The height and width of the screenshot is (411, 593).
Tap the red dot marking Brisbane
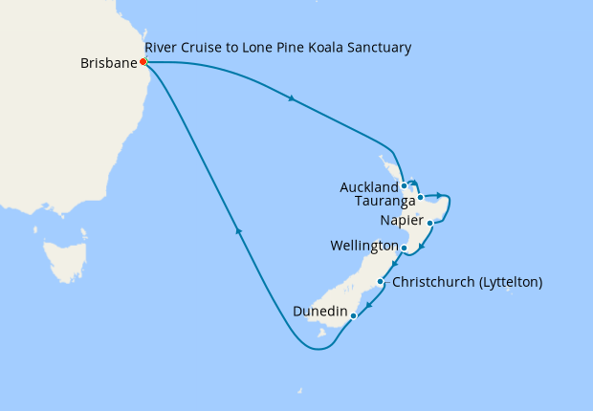[143, 61]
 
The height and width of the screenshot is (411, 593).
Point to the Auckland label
[368, 187]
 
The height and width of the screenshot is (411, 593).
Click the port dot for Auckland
[405, 185]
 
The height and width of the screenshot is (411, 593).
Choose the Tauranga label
[384, 202]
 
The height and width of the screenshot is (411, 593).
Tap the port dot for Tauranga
[421, 197]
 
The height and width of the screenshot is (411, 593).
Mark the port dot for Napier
[431, 224]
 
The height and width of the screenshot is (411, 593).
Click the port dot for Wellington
[405, 248]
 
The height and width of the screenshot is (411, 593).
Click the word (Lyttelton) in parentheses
[509, 282]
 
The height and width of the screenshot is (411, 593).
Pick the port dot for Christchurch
[381, 282]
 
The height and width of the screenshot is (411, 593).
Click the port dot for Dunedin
[354, 314]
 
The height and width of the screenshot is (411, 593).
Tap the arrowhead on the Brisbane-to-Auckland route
[290, 97]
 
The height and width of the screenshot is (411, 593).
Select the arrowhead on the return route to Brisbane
[238, 230]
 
